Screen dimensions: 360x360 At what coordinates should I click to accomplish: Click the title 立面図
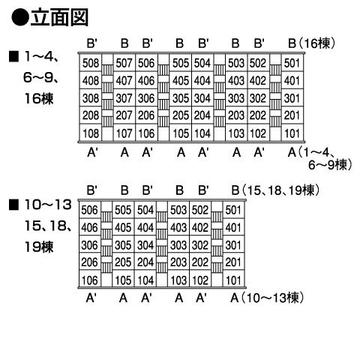(x=60, y=17)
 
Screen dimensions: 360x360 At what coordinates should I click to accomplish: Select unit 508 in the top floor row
(x=91, y=63)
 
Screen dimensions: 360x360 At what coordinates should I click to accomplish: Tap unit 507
(x=124, y=63)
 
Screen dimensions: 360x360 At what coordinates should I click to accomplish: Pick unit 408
(x=91, y=80)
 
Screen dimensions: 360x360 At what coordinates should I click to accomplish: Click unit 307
(x=124, y=98)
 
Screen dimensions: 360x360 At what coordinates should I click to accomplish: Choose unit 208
(x=91, y=115)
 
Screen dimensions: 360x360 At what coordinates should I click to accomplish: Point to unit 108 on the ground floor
(x=91, y=133)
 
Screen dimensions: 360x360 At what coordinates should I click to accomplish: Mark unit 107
(x=124, y=133)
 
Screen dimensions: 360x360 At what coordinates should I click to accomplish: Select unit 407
(x=124, y=80)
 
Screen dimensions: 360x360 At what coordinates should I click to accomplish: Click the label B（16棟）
(x=311, y=43)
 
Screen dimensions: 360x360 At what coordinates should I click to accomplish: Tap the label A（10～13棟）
(x=268, y=298)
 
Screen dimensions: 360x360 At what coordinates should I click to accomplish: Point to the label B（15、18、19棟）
(x=276, y=190)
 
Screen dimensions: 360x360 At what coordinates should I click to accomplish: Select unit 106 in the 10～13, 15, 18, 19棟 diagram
(x=89, y=280)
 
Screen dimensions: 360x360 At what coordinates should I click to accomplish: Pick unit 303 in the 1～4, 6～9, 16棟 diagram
(x=235, y=98)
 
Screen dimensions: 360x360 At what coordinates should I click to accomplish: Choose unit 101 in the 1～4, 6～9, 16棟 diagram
(x=292, y=133)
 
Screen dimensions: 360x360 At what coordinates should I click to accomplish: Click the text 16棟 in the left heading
(x=39, y=98)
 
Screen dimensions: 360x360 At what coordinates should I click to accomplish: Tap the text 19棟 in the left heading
(x=39, y=247)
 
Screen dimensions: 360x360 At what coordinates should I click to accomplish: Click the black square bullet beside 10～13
(x=13, y=205)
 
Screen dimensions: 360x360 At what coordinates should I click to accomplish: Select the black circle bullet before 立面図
(x=20, y=17)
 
